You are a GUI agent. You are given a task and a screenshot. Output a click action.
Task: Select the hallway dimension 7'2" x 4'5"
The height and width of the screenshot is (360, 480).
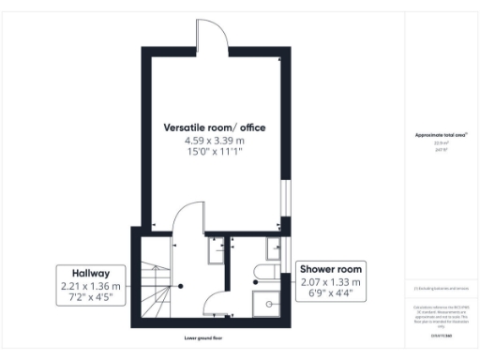click(x=92, y=298)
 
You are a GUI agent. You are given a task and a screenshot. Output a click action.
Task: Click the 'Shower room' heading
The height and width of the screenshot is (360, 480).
click(x=330, y=269)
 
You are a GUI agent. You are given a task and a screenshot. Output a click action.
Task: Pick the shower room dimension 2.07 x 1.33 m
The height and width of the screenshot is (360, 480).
click(x=330, y=282)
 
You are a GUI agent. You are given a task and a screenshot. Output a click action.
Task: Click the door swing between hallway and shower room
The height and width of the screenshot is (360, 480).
click(x=215, y=298)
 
